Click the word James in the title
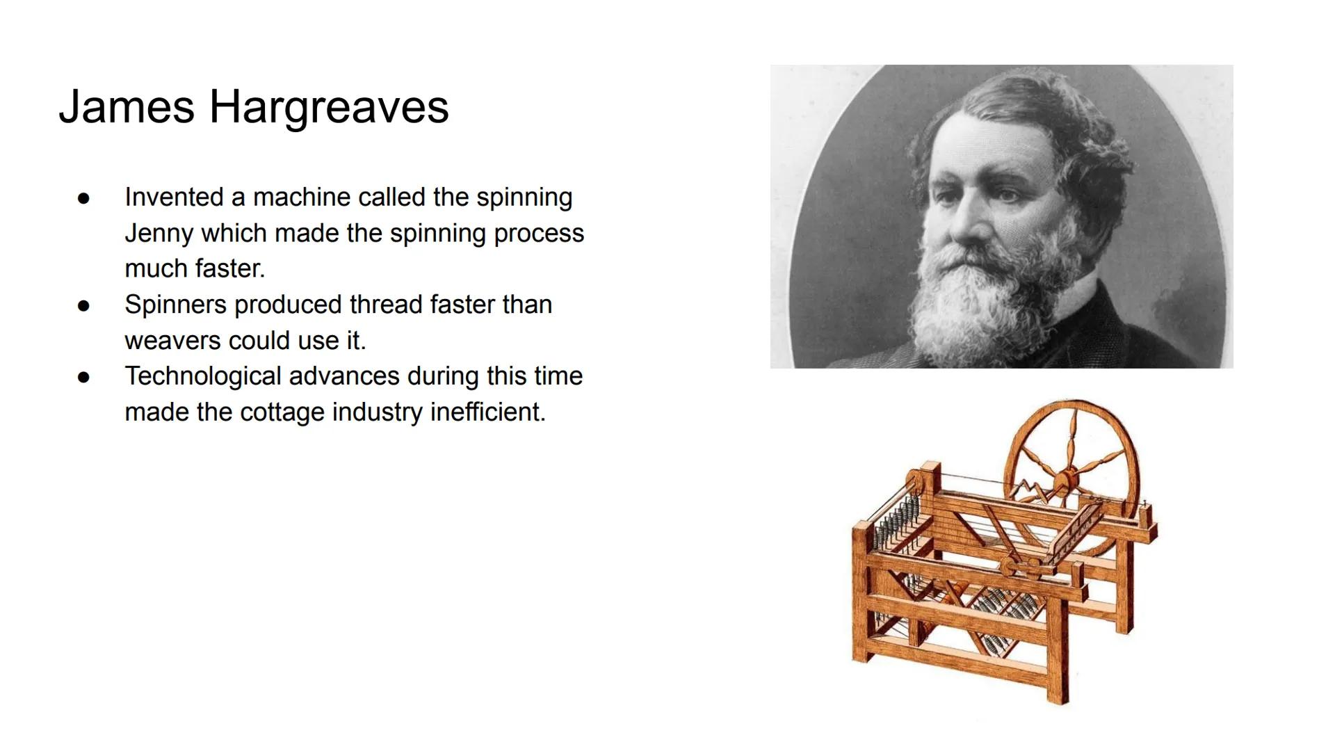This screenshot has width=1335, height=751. tap(127, 107)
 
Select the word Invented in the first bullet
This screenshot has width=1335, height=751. tap(175, 197)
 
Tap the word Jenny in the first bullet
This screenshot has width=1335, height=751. tap(159, 234)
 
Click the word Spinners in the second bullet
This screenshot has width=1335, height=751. tap(175, 305)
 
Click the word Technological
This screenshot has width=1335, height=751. tap(204, 376)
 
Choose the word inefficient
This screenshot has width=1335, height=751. tap(487, 412)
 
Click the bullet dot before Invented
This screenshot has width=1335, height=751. tap(84, 198)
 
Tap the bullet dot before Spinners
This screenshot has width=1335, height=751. tap(84, 305)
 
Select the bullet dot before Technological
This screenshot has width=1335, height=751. tap(84, 377)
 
